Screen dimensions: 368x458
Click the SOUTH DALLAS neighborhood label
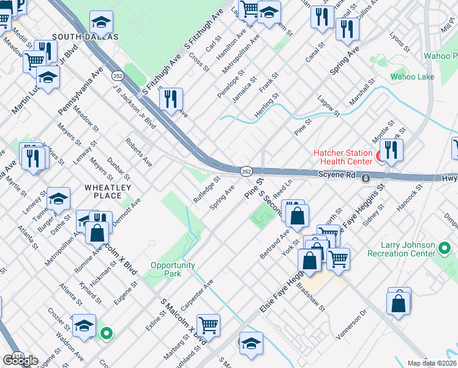pyautogui.click(x=84, y=37)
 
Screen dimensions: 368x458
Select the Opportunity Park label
pyautogui.click(x=173, y=269)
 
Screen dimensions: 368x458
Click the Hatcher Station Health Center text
pyautogui.click(x=342, y=157)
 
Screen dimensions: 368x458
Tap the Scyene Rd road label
pyautogui.click(x=337, y=175)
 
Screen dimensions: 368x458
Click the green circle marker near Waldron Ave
pyautogui.click(x=107, y=334)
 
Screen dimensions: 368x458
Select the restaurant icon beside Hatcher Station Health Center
pyautogui.click(x=391, y=150)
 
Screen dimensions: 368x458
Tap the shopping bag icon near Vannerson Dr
pyautogui.click(x=399, y=302)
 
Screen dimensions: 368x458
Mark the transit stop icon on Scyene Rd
pyautogui.click(x=365, y=178)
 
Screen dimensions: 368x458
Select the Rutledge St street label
pyautogui.click(x=206, y=191)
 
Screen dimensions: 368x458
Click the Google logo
pyautogui.click(x=20, y=361)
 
